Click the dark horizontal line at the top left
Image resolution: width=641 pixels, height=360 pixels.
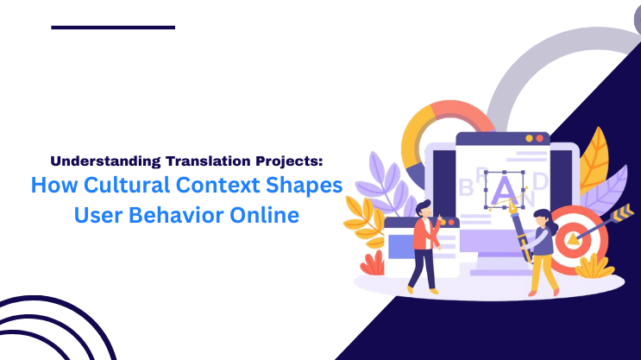112,28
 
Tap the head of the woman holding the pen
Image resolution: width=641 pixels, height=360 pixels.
541,217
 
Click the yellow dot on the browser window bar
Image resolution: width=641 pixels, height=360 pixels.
531,138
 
